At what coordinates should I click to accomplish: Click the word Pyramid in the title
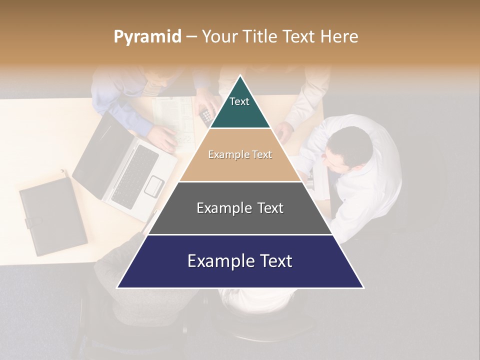tap(147, 37)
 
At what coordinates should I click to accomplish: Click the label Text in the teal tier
tap(239, 101)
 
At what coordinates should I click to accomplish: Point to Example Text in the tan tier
tap(240, 154)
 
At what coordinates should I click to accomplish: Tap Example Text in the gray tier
tap(240, 208)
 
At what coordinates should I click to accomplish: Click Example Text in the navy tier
tap(240, 261)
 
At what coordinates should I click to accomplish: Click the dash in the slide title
tap(191, 37)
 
